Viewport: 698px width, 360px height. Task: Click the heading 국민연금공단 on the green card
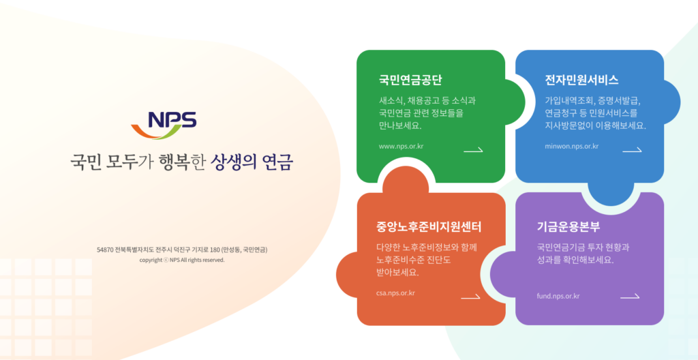pyautogui.click(x=410, y=80)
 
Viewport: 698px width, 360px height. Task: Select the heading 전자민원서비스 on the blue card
pyautogui.click(x=581, y=80)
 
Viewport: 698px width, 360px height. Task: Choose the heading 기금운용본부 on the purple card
pyautogui.click(x=568, y=227)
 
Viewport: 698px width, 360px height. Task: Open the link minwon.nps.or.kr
pyautogui.click(x=572, y=146)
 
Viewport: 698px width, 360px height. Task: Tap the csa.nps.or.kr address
pyautogui.click(x=395, y=293)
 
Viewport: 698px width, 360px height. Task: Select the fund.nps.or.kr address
pyautogui.click(x=558, y=296)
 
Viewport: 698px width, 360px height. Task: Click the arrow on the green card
pyautogui.click(x=473, y=150)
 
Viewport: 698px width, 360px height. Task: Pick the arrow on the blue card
pyautogui.click(x=632, y=150)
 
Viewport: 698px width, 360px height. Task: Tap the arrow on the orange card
pyautogui.click(x=470, y=297)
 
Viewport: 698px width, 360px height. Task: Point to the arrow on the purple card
pyautogui.click(x=630, y=297)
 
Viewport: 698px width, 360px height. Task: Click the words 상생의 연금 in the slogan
pyautogui.click(x=252, y=162)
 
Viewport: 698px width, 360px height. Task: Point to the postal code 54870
pyautogui.click(x=104, y=250)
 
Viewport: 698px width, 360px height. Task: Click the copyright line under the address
pyautogui.click(x=182, y=260)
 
